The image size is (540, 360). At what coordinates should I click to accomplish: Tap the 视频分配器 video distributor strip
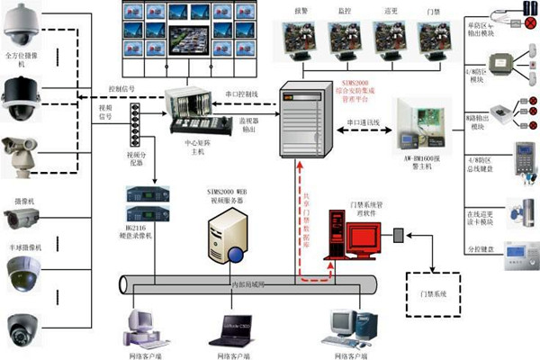point(137,121)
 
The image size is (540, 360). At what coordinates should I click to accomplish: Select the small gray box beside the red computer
point(397,236)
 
